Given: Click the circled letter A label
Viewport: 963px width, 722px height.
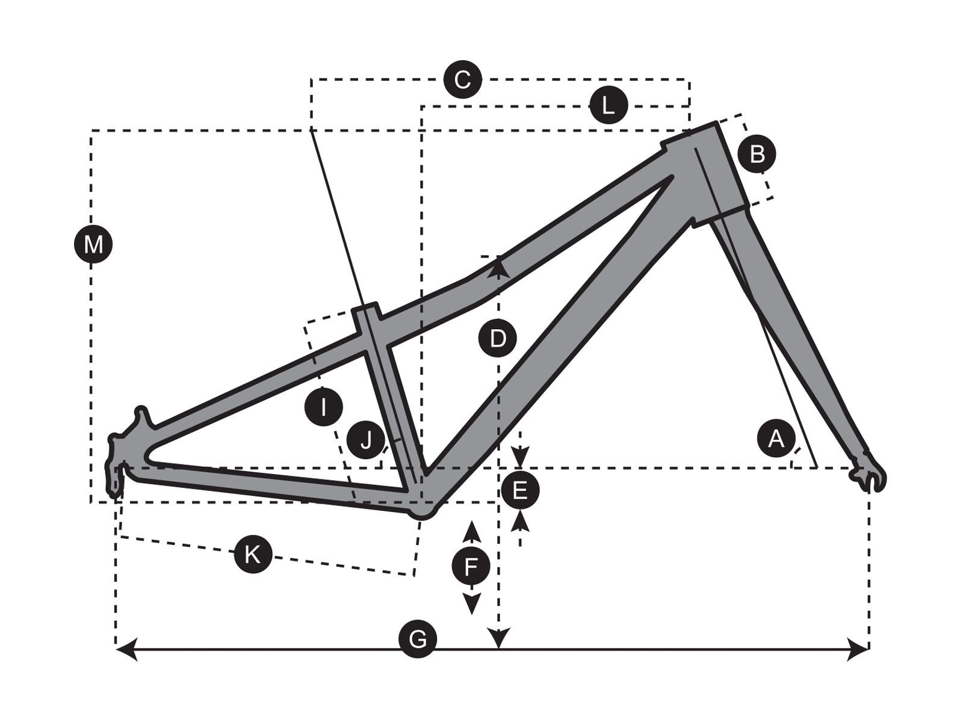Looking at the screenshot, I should [776, 439].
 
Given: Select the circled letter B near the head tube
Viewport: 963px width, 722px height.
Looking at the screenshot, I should [757, 154].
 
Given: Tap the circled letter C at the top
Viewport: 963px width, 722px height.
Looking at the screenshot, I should [462, 79].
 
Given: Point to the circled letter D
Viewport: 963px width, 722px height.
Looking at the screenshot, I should [497, 339].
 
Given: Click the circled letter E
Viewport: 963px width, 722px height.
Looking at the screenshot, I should [520, 490].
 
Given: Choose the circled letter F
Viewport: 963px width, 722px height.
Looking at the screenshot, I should [471, 566].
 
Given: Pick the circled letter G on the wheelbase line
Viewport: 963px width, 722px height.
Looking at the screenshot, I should [417, 638].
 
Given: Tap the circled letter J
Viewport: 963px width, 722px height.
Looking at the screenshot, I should [366, 440].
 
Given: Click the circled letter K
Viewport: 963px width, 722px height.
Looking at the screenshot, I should [253, 554].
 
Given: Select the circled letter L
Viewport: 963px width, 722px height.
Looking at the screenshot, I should [608, 106].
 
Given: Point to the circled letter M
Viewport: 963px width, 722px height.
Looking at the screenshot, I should [93, 245].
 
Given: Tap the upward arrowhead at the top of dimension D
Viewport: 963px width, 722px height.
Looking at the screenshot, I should [499, 265].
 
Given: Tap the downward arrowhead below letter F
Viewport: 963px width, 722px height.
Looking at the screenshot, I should [472, 603].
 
